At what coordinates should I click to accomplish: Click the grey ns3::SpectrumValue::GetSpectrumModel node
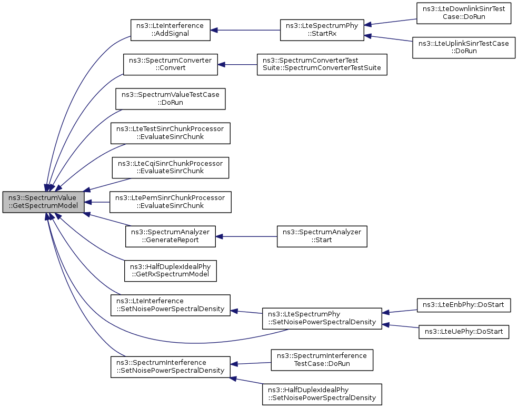coord(43,202)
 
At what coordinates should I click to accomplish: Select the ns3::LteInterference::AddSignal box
coord(171,30)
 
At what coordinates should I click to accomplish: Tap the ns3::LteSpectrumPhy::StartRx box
coord(322,30)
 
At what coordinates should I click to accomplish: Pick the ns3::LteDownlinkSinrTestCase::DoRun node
coord(464,13)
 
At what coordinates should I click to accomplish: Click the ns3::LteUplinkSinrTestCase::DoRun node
coord(464,47)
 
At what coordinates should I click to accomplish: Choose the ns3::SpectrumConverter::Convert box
coord(171,64)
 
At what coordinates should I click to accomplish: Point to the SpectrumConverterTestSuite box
coord(322,64)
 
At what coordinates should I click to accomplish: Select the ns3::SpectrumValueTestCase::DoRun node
coord(171,99)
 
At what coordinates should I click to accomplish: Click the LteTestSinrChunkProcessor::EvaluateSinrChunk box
coord(171,133)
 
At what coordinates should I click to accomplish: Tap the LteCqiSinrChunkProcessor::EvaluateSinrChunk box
coord(171,167)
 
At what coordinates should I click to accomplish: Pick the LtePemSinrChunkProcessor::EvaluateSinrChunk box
coord(171,202)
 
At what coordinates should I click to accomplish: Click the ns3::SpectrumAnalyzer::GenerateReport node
coord(171,236)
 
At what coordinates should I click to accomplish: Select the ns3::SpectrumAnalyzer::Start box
coord(322,236)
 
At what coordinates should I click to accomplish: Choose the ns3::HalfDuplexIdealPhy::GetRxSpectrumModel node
coord(171,271)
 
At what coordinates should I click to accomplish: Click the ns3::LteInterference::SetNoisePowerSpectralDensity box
coord(171,305)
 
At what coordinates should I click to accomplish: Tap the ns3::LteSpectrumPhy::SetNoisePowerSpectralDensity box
coord(322,319)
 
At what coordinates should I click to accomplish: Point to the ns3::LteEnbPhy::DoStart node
coord(464,305)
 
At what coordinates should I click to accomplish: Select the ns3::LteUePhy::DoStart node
coord(464,332)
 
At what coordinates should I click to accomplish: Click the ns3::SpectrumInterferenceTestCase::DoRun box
coord(322,360)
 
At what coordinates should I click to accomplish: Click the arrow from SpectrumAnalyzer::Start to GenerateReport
coord(246,236)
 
